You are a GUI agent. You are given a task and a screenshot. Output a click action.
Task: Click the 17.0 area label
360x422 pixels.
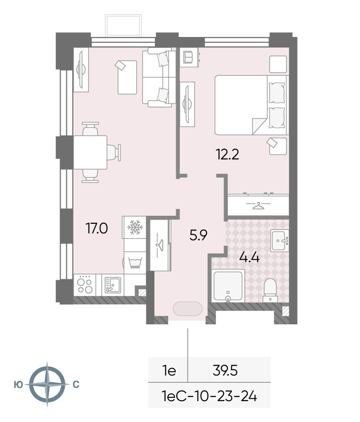tap(97, 229)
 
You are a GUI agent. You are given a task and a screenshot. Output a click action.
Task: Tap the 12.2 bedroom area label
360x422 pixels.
tap(227, 155)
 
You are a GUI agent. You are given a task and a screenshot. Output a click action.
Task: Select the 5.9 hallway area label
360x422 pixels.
tap(198, 236)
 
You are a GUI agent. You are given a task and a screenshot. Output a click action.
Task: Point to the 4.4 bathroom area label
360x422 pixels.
tap(249, 257)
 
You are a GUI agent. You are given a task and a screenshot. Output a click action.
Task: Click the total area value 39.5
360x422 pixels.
tap(225, 371)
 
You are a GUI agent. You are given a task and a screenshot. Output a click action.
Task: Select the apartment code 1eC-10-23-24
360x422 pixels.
tap(209, 396)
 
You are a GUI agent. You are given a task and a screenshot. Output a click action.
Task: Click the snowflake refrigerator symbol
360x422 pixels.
tap(135, 227)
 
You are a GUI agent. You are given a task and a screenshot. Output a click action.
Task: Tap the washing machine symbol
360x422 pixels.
tap(135, 262)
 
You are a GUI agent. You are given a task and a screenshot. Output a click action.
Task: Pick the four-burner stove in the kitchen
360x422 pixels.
tap(85, 285)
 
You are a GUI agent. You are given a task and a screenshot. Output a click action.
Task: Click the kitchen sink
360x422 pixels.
tap(113, 285)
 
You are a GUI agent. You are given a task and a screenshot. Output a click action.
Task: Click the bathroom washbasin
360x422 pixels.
tap(279, 240)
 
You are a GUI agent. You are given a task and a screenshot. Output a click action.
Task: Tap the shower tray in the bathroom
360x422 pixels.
tap(228, 285)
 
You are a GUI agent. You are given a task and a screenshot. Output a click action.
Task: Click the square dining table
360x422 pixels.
tap(90, 152)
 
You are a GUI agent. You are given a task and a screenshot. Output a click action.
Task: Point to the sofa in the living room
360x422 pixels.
tap(159, 77)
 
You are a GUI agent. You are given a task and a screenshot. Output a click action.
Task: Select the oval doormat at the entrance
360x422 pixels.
tap(188, 309)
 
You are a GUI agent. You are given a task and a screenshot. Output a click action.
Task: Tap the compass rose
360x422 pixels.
tap(47, 384)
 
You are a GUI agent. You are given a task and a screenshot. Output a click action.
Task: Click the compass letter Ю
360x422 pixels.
tap(18, 385)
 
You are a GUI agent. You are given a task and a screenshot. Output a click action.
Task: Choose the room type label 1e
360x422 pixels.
tap(169, 371)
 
